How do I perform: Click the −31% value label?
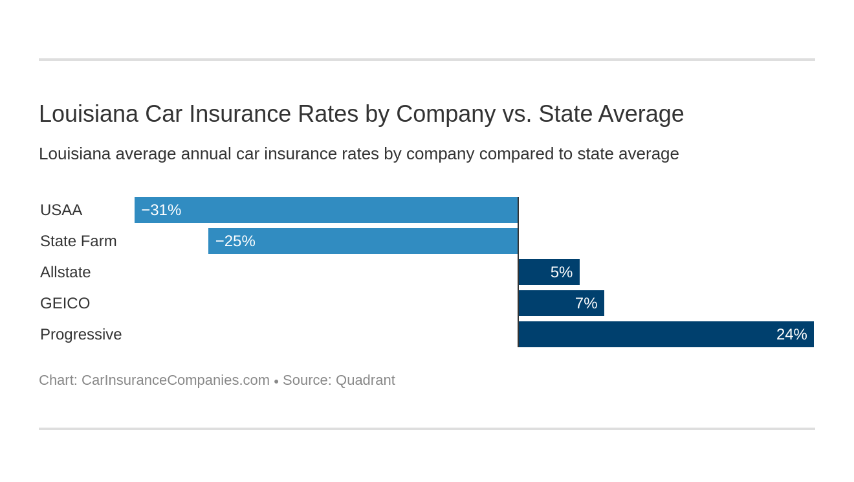coord(161,210)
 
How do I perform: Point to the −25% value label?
coord(235,241)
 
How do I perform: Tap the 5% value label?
coord(562,272)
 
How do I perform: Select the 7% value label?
coord(586,303)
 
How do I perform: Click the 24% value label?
coord(791,334)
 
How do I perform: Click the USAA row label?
coord(61,210)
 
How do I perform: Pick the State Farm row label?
coord(78,241)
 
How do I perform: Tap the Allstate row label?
coord(65,272)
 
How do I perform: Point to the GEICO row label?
coord(65,303)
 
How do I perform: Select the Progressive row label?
coord(81,334)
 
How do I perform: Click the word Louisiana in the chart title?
coord(89,114)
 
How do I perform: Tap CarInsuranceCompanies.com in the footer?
coord(175,380)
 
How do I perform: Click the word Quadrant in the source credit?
coord(365,380)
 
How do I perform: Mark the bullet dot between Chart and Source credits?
coord(276,382)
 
